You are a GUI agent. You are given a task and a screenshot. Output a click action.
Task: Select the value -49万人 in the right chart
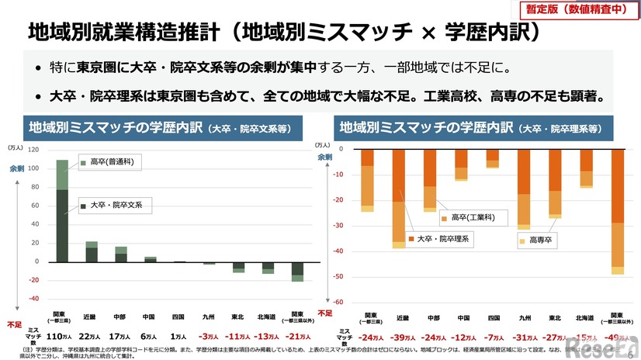pyautogui.click(x=617, y=337)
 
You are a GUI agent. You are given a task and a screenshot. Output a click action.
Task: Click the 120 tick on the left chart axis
pyautogui.click(x=33, y=148)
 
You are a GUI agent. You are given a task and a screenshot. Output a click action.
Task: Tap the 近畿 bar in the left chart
pyautogui.click(x=92, y=251)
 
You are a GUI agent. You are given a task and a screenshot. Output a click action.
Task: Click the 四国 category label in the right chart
pyautogui.click(x=492, y=318)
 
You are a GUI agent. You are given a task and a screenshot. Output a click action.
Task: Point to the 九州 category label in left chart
pyautogui.click(x=209, y=316)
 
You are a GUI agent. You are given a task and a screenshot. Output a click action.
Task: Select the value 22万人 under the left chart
pyautogui.click(x=92, y=336)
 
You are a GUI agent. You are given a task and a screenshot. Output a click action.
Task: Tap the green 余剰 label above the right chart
pyautogui.click(x=324, y=157)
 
